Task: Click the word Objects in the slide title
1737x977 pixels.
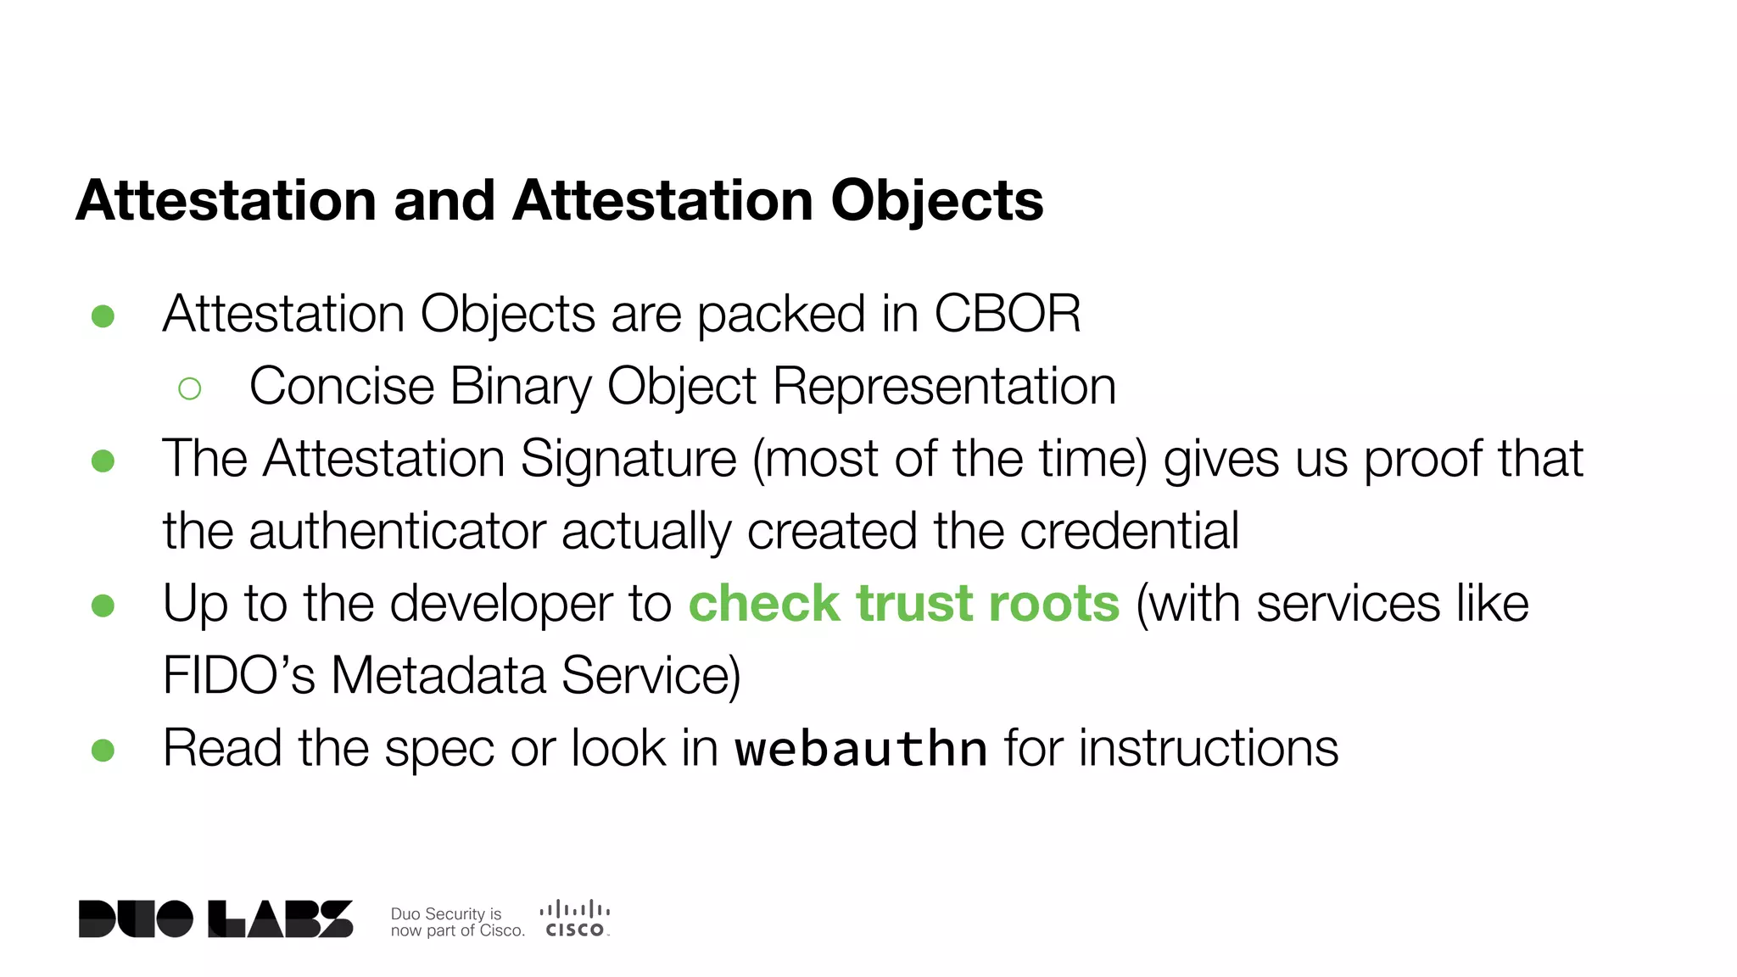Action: click(x=936, y=202)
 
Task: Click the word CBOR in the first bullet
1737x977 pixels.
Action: click(x=1007, y=314)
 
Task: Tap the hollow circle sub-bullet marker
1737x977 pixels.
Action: click(x=190, y=388)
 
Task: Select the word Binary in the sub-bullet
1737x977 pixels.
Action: click(x=520, y=387)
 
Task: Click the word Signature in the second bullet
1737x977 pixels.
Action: click(x=628, y=459)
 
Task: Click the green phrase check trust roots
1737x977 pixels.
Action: click(x=903, y=604)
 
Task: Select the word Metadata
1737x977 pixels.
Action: click(x=438, y=676)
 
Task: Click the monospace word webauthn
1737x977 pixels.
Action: click(x=860, y=750)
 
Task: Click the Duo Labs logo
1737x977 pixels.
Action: click(x=215, y=919)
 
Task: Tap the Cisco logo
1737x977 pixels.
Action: click(x=575, y=919)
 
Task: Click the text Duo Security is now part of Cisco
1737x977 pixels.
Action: click(x=456, y=922)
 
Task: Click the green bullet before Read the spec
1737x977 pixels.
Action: click(x=103, y=750)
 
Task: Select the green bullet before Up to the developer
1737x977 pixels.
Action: click(x=103, y=606)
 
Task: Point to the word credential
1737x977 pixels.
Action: click(x=1129, y=532)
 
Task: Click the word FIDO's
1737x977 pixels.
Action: click(x=238, y=676)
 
